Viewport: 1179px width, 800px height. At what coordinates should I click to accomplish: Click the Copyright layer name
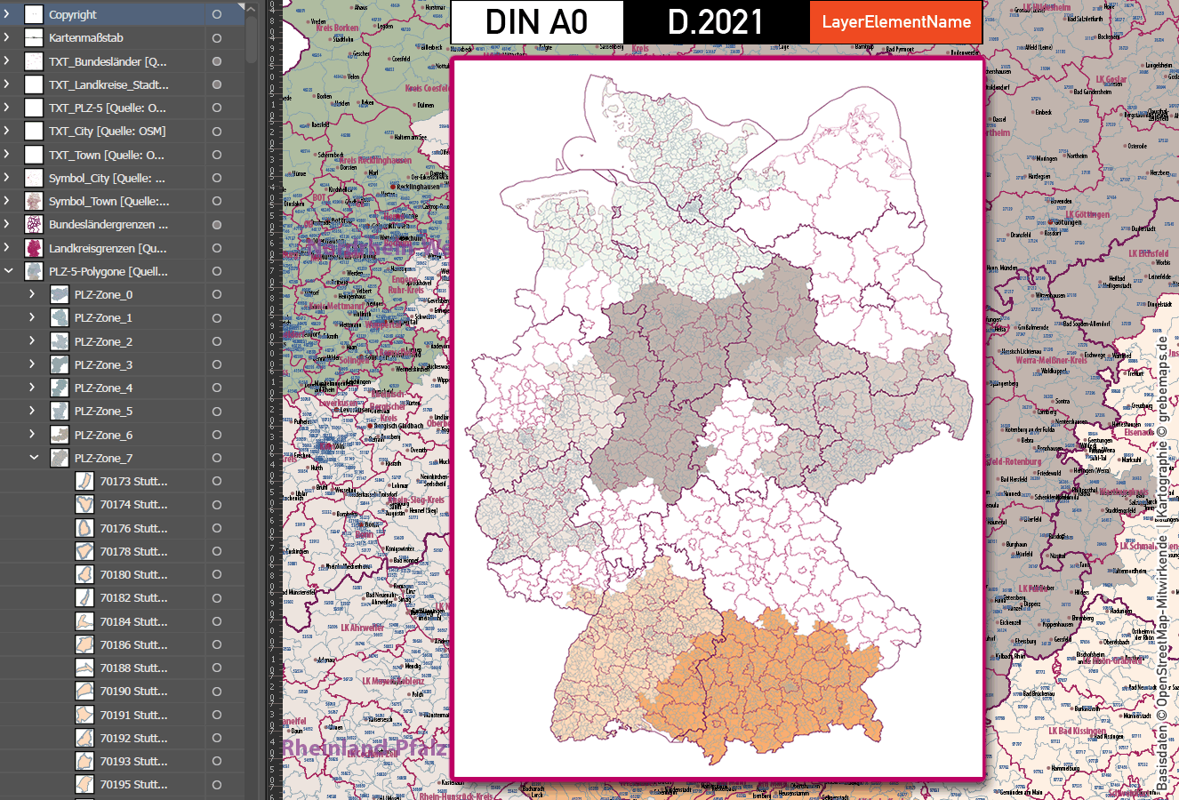tap(73, 15)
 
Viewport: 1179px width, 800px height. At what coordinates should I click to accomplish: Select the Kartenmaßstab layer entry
tap(86, 38)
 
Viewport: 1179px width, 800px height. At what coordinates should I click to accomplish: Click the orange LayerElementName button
tap(895, 22)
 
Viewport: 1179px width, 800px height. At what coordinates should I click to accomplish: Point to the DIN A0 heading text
tap(537, 22)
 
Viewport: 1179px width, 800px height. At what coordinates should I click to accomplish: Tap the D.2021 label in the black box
tap(716, 22)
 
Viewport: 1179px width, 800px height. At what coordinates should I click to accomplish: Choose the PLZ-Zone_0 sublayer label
tap(103, 295)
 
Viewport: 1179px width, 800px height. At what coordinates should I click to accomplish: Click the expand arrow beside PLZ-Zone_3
tap(33, 364)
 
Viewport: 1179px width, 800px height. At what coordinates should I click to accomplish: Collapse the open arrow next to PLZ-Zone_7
tap(34, 458)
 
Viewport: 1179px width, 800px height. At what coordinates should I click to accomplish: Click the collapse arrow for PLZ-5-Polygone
tap(9, 271)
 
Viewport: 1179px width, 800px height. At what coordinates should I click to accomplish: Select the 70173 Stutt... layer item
tap(133, 482)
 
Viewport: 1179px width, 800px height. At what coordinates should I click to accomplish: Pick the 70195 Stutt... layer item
tap(133, 785)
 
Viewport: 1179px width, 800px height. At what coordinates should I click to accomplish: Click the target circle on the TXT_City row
tap(216, 132)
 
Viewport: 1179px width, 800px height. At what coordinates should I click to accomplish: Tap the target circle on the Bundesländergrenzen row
tap(216, 225)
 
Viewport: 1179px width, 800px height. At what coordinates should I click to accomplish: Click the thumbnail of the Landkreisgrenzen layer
tap(34, 248)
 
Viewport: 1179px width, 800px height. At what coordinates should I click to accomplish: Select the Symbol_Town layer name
tap(108, 202)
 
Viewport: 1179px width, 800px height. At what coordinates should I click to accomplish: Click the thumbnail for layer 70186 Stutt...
tap(84, 644)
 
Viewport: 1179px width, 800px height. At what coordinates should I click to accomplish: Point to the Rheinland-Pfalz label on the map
tap(365, 748)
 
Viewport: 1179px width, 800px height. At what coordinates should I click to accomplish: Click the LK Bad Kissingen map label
tap(1077, 732)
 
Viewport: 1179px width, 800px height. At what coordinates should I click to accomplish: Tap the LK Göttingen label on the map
tap(1086, 215)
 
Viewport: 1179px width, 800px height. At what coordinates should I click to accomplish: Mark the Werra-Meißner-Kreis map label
tap(1052, 361)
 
